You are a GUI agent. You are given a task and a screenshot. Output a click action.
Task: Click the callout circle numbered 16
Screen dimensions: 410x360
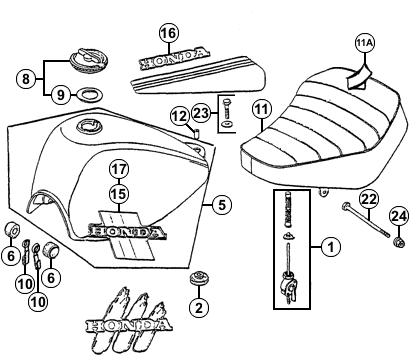pos(169,33)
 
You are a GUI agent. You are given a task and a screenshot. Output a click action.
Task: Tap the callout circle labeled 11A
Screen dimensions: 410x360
pos(365,43)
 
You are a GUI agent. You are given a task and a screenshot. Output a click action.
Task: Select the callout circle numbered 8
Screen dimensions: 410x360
pos(26,79)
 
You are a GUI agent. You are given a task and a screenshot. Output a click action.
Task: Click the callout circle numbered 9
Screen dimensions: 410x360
pos(60,95)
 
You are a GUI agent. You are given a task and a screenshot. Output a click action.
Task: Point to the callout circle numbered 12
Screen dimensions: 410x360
pos(180,116)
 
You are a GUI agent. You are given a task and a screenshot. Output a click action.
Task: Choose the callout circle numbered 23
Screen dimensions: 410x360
pos(201,114)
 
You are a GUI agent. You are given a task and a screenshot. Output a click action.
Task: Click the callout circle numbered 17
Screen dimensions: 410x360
pos(119,169)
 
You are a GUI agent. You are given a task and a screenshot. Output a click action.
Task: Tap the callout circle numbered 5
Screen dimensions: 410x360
pos(222,205)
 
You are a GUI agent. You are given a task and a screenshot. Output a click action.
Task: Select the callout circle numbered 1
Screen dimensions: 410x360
pos(331,247)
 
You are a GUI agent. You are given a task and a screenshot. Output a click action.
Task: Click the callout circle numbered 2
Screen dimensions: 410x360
pos(199,307)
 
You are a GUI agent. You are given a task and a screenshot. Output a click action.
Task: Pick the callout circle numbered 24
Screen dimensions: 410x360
pos(399,217)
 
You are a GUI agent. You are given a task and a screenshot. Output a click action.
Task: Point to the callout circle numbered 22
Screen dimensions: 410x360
pos(369,199)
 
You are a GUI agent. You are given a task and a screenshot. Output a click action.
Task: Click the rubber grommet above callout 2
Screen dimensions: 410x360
pos(198,278)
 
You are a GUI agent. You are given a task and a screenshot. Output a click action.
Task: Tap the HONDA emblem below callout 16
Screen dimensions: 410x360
pos(174,59)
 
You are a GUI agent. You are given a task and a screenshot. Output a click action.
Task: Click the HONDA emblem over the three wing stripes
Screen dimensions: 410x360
pos(129,326)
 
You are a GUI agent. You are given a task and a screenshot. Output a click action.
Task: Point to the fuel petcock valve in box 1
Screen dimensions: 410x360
pos(289,284)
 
